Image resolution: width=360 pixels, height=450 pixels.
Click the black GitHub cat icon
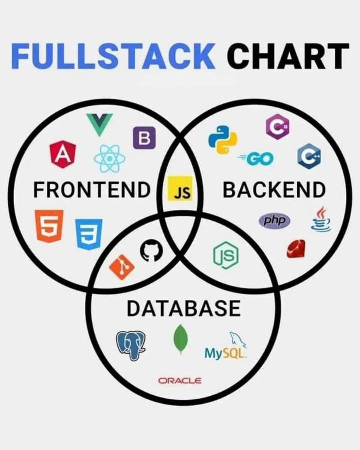[151, 250]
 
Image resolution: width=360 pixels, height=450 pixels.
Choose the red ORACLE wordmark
[180, 381]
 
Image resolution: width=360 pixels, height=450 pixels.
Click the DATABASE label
[183, 309]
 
